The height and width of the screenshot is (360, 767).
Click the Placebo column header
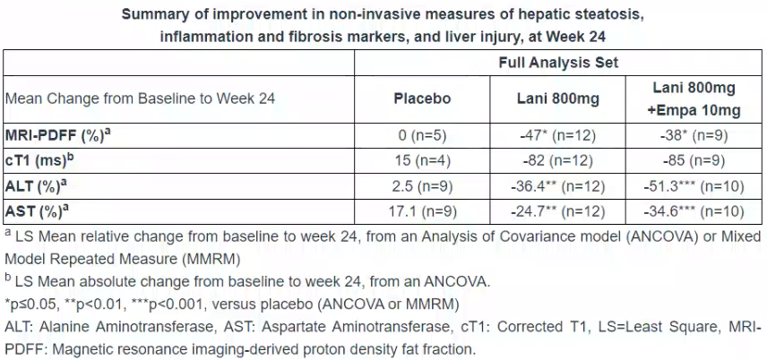[x=422, y=99]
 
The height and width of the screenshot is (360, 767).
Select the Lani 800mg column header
[x=557, y=99]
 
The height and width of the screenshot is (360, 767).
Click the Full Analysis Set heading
[x=557, y=64]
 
